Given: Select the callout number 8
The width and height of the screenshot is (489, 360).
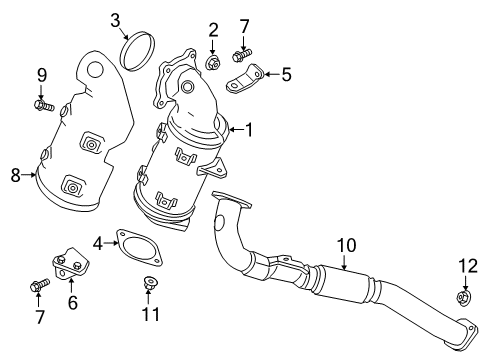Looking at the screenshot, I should (15, 175).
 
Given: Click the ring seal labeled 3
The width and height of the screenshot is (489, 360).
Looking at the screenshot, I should (137, 52).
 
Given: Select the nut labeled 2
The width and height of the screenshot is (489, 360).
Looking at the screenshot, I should (213, 64).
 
